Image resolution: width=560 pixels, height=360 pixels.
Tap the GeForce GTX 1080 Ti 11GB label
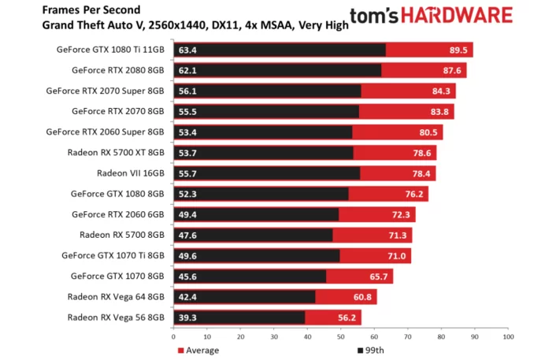110,50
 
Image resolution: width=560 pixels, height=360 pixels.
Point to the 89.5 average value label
457,50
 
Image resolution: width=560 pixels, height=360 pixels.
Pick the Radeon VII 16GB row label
130,173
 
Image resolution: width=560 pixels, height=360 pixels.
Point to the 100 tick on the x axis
508,337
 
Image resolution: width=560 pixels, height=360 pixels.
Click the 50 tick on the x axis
340,337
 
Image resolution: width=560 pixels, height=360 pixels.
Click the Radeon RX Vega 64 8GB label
116,297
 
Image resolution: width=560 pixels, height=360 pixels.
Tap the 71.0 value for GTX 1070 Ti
396,256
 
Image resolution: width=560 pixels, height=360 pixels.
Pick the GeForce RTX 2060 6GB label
117,214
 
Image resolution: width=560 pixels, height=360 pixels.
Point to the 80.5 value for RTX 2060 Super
428,132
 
